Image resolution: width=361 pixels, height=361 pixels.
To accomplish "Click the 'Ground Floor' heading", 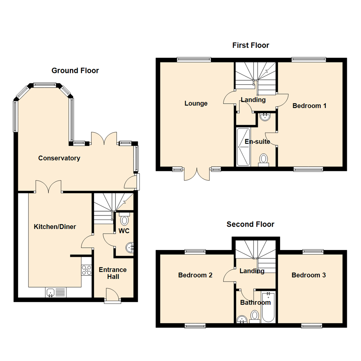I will coord(75,71).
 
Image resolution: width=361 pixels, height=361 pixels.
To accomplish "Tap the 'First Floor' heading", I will coord(251,45).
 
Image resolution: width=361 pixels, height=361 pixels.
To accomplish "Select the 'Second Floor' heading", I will coord(250,224).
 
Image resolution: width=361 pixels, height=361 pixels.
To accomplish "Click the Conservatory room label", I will coord(59,158).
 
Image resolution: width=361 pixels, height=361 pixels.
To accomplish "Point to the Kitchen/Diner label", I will coord(55,227).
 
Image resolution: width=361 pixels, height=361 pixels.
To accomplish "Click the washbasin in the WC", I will coord(130,248).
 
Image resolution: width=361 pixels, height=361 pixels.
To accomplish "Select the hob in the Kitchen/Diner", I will coord(87,270).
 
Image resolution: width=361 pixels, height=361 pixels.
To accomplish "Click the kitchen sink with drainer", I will coord(56,292).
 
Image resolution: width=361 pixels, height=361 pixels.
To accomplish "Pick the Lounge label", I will coord(196,104).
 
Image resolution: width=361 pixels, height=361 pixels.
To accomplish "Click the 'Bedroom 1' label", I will coord(309,106).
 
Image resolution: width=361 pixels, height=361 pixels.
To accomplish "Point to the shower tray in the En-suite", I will coord(243,147).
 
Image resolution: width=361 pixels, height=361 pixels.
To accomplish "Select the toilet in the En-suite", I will coord(264,159).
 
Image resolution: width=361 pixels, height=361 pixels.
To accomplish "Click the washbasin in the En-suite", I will coord(265,117).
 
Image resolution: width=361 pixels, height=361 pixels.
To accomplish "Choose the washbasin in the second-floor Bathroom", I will coord(242,320).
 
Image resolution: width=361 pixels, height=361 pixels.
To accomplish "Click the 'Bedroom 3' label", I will coord(309,275).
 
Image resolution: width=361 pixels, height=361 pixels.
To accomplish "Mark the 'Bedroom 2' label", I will coord(195,275).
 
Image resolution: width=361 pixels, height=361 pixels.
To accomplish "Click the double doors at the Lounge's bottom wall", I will coord(197,173).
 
